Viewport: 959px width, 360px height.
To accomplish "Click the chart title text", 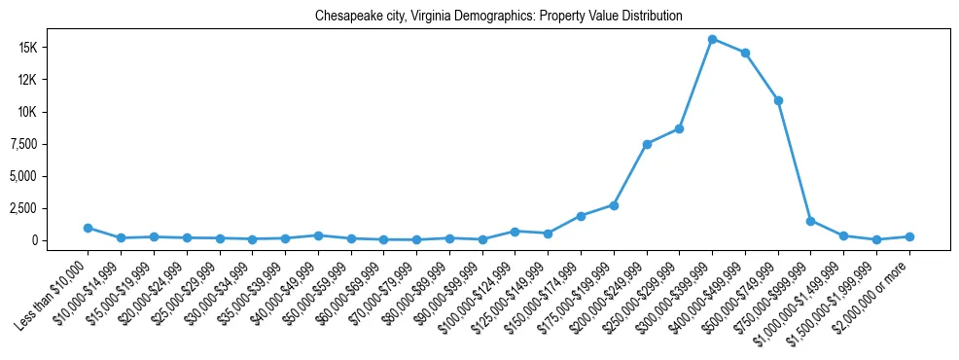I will click(498, 17).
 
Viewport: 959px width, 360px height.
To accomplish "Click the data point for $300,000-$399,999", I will click(712, 40).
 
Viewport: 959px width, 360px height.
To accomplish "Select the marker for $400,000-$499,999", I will click(745, 53).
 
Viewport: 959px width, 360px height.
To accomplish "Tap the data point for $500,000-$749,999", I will click(778, 100).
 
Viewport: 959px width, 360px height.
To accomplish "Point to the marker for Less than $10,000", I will click(88, 228).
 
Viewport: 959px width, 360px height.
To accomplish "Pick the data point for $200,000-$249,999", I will click(647, 144).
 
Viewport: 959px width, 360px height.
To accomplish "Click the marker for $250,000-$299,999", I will click(679, 128).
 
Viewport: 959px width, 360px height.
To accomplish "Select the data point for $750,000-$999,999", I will click(810, 221).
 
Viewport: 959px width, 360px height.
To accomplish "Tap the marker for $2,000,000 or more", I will click(909, 236).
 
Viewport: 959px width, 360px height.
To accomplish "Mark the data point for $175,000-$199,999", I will click(614, 205).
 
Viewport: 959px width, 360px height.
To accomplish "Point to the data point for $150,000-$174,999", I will click(581, 216).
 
